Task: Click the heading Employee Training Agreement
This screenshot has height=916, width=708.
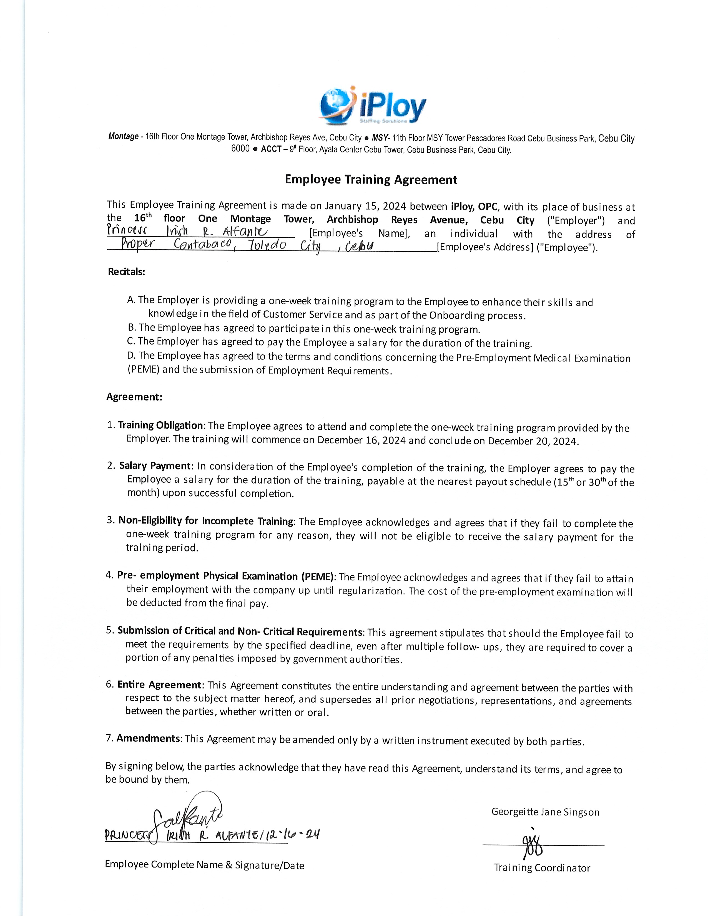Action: click(x=371, y=180)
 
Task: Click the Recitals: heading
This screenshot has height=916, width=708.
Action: click(x=126, y=272)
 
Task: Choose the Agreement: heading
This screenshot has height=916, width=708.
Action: click(x=134, y=397)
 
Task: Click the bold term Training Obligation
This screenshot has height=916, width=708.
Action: click(x=160, y=425)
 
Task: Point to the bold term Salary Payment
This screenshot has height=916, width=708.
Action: click(x=155, y=466)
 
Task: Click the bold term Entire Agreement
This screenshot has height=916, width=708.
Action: click(x=159, y=685)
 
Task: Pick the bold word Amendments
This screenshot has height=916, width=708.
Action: click(x=148, y=738)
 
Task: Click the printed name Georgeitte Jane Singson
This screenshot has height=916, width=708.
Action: click(x=545, y=812)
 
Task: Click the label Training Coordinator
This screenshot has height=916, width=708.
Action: click(x=542, y=868)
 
